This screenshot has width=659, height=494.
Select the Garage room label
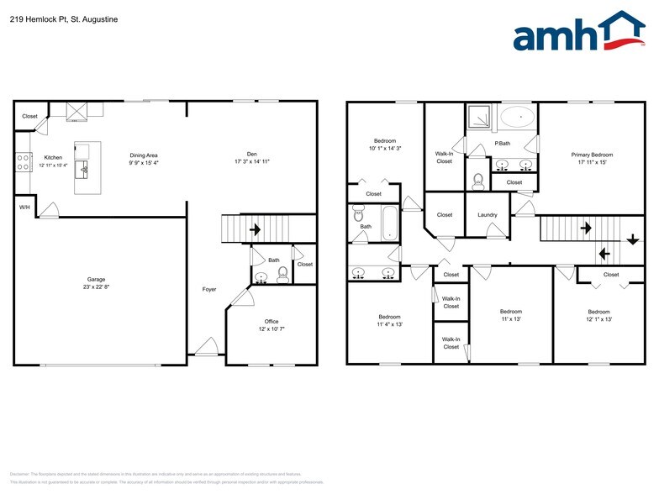click(x=97, y=280)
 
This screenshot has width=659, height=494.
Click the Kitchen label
click(x=53, y=157)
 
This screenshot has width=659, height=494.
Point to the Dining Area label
click(x=144, y=155)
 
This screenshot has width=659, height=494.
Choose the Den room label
click(x=251, y=154)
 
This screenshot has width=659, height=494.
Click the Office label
click(x=271, y=321)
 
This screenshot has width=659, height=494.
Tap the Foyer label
click(x=209, y=290)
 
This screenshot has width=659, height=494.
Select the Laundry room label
click(x=488, y=215)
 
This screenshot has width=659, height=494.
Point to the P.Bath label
click(x=503, y=144)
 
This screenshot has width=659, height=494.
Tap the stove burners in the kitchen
click(x=23, y=161)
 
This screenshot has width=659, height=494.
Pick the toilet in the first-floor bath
click(x=282, y=274)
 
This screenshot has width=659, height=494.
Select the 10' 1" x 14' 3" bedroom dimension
click(x=386, y=148)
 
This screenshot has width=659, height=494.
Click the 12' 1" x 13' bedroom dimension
click(x=598, y=319)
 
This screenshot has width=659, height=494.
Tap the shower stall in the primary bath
click(x=477, y=115)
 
